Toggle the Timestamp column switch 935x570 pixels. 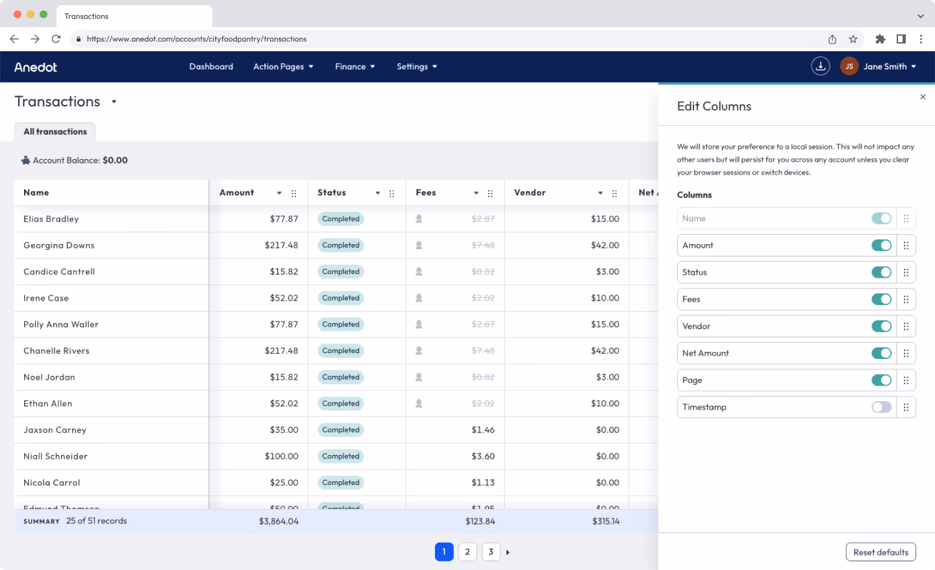click(x=881, y=407)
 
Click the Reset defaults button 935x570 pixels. click(x=880, y=552)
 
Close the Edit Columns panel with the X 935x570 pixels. click(x=923, y=97)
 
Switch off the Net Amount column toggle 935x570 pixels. click(x=881, y=353)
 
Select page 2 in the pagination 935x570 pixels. click(x=467, y=552)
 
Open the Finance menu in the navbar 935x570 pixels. click(x=355, y=66)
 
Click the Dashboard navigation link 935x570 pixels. click(x=211, y=66)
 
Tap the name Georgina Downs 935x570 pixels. click(x=59, y=245)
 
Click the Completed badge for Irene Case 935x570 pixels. click(x=341, y=298)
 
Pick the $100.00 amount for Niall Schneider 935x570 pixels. click(x=281, y=456)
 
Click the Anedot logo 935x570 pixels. click(x=36, y=67)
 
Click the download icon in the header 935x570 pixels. click(x=821, y=66)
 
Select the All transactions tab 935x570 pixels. click(x=55, y=132)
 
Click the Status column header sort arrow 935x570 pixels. click(x=377, y=193)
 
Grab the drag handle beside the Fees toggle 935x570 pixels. click(x=906, y=299)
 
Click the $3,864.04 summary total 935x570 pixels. click(x=279, y=521)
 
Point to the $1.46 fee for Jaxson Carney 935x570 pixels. click(x=483, y=430)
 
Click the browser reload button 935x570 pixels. click(x=56, y=39)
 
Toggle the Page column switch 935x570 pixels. click(x=881, y=380)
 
